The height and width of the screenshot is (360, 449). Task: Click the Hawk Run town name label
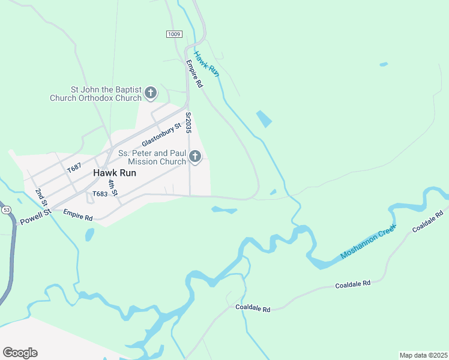click(x=115, y=172)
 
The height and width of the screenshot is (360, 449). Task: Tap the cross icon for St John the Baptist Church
click(x=151, y=93)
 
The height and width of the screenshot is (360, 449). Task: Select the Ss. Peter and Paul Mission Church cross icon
click(x=194, y=157)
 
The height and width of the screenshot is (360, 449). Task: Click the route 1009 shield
click(x=174, y=34)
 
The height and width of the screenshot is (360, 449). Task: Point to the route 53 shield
click(x=6, y=210)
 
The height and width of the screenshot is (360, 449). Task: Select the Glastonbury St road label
click(x=161, y=136)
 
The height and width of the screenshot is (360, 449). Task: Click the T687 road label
click(x=74, y=168)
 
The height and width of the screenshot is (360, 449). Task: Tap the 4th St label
click(x=112, y=188)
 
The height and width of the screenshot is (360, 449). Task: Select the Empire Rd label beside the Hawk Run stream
click(x=194, y=74)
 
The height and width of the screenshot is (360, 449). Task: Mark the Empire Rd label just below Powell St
click(x=78, y=215)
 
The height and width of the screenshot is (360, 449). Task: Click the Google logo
click(x=20, y=353)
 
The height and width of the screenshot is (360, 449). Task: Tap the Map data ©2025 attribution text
click(x=423, y=355)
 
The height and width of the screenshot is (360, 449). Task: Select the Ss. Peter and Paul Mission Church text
click(x=152, y=157)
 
